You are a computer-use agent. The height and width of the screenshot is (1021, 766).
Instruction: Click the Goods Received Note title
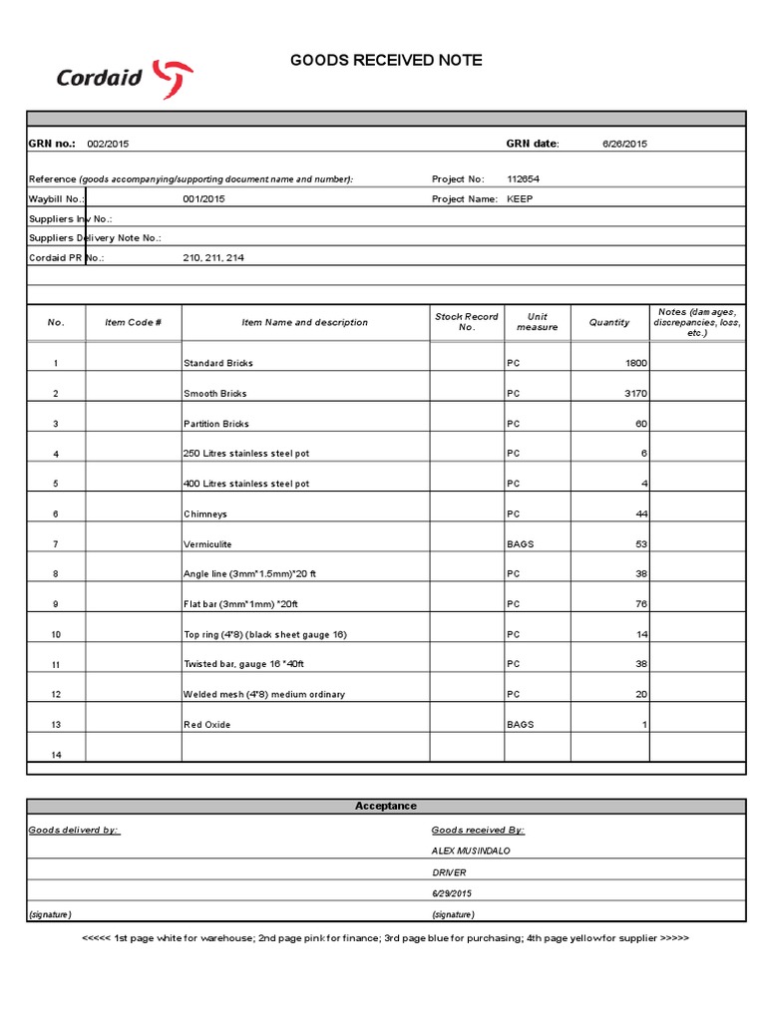tap(386, 61)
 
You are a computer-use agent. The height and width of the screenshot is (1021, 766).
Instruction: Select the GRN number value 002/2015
tap(108, 144)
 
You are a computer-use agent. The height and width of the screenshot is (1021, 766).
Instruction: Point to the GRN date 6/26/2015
tap(624, 144)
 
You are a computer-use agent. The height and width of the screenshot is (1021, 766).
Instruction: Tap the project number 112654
tap(525, 179)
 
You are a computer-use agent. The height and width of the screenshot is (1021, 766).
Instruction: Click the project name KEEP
tap(521, 198)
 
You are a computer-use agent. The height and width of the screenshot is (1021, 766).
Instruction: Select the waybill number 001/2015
tap(204, 198)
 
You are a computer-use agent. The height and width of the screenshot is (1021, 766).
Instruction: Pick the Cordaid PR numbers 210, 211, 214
tap(213, 257)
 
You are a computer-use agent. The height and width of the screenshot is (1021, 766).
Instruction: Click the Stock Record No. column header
tap(466, 322)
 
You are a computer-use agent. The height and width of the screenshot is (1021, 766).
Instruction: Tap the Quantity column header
tap(609, 322)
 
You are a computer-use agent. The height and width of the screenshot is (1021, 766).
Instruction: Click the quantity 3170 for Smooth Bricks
tap(633, 394)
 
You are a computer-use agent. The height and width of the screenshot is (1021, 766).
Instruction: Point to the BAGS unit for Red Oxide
tap(520, 725)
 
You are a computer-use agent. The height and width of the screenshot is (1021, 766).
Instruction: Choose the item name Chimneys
tap(205, 514)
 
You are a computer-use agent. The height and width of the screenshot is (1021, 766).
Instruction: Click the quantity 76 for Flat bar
tap(641, 604)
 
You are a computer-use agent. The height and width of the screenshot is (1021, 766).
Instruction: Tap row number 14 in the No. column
tap(56, 755)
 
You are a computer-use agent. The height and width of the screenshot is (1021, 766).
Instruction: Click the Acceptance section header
tap(386, 806)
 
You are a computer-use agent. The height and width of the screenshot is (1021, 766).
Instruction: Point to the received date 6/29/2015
tap(452, 892)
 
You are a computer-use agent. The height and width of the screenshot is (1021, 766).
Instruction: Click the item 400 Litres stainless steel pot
tap(246, 484)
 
